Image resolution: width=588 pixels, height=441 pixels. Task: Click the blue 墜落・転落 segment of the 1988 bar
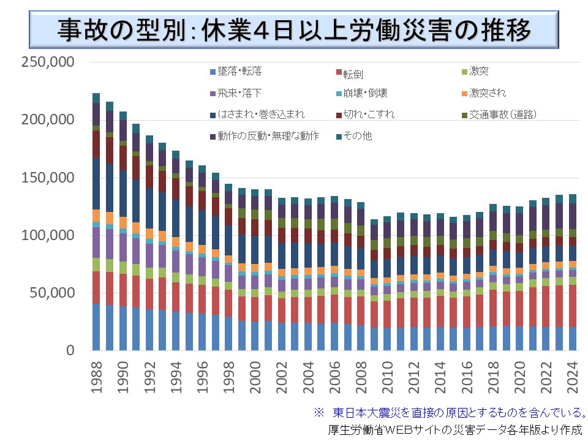[x=96, y=327]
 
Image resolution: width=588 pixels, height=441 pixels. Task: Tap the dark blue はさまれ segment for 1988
[x=96, y=184]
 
